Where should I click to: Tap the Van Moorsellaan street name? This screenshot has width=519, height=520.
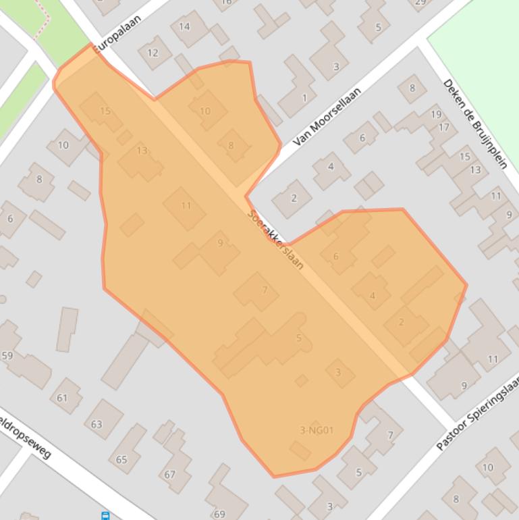coord(327,116)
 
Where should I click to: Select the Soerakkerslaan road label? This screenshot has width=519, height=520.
coord(275,240)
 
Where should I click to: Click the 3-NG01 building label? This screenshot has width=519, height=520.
coord(317,430)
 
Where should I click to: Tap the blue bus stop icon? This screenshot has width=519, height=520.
coord(105,516)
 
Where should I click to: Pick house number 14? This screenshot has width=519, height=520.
coord(184,27)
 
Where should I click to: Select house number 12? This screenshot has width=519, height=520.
coord(153,53)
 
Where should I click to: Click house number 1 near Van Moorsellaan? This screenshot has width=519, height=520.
coord(304,98)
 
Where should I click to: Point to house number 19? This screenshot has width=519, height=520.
coord(436,114)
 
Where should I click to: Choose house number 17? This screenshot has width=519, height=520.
coord(443,127)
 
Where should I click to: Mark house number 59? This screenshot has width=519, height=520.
coord(7,355)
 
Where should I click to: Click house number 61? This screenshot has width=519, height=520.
coord(62,398)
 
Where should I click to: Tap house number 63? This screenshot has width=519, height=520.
coord(97,424)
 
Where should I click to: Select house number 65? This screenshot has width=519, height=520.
coord(121,460)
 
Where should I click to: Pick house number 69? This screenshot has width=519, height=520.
coord(219,514)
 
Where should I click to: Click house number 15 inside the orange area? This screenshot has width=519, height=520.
coord(105,111)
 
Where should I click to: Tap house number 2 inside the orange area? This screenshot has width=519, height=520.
coord(402,321)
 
